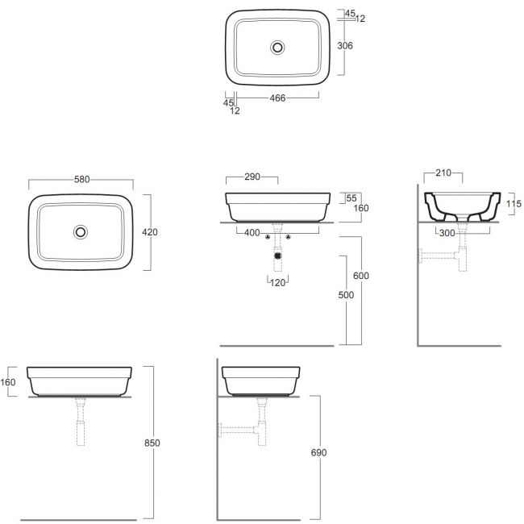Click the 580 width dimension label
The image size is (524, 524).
pyautogui.click(x=82, y=180)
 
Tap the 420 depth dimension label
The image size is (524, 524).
pyautogui.click(x=150, y=232)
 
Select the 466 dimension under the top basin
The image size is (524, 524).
pyautogui.click(x=277, y=98)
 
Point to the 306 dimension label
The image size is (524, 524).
pyautogui.click(x=345, y=45)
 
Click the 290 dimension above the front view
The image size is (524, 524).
pyautogui.click(x=252, y=177)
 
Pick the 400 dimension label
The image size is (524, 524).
pyautogui.click(x=252, y=233)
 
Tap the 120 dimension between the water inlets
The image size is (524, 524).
pyautogui.click(x=277, y=283)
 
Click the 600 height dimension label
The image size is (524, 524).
pyautogui.click(x=361, y=276)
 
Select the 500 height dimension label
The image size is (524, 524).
pyautogui.click(x=346, y=295)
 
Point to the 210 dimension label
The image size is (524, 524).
pyautogui.click(x=443, y=173)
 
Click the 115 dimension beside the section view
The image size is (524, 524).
pyautogui.click(x=514, y=203)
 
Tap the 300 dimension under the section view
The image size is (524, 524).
pyautogui.click(x=447, y=233)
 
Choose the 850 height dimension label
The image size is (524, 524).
pyautogui.click(x=152, y=443)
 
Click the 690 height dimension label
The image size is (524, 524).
pyautogui.click(x=318, y=452)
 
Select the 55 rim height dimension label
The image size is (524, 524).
pyautogui.click(x=351, y=198)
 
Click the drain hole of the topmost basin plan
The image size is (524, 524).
pyautogui.click(x=277, y=48)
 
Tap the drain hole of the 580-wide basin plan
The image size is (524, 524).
pyautogui.click(x=81, y=232)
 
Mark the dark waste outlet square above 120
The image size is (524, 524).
pyautogui.click(x=277, y=256)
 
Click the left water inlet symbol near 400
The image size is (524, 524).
pyautogui.click(x=268, y=237)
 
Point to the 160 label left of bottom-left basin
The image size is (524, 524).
pyautogui.click(x=8, y=382)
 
